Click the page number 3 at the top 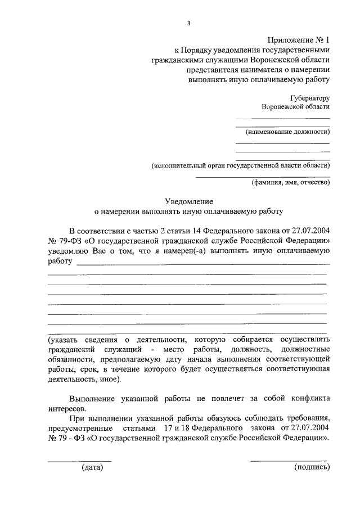[189, 22]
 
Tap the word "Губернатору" [307, 97]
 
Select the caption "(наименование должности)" [287, 132]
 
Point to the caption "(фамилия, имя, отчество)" [290, 182]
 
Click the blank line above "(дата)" [79, 461]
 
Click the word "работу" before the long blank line [60, 262]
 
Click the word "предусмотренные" [79, 429]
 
